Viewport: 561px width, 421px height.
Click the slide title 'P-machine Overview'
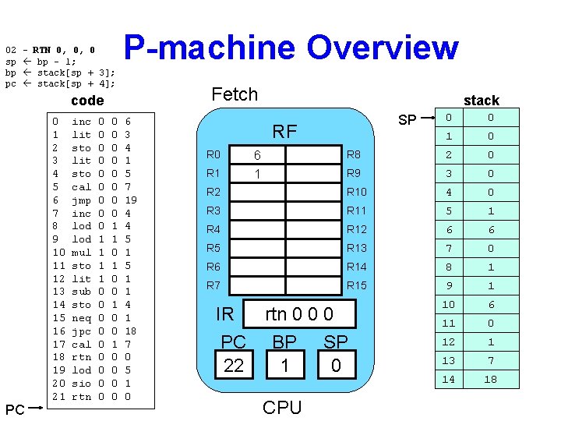click(291, 47)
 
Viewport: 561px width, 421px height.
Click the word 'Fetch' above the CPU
click(235, 94)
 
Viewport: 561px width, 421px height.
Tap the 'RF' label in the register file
click(284, 132)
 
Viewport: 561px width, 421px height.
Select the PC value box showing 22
click(234, 365)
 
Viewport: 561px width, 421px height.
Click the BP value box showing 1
click(284, 365)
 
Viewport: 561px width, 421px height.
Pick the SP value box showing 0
click(336, 365)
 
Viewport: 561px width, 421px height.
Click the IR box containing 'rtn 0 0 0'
click(300, 314)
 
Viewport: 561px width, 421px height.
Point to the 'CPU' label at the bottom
click(282, 408)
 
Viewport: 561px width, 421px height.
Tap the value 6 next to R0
click(257, 155)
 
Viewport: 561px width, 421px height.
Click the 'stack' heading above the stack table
click(481, 100)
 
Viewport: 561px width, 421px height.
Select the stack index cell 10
click(448, 305)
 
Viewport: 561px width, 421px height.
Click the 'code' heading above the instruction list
click(87, 101)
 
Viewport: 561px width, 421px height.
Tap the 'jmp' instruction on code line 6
click(81, 200)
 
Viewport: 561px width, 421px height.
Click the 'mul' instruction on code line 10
click(81, 253)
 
